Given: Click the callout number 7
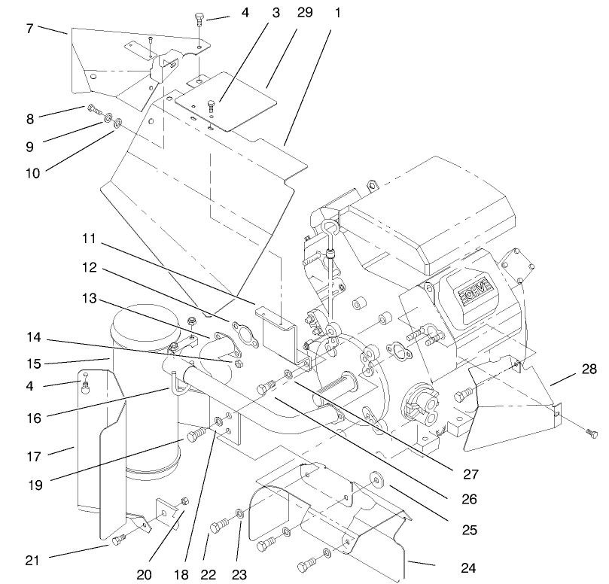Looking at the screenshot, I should tap(29, 29).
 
